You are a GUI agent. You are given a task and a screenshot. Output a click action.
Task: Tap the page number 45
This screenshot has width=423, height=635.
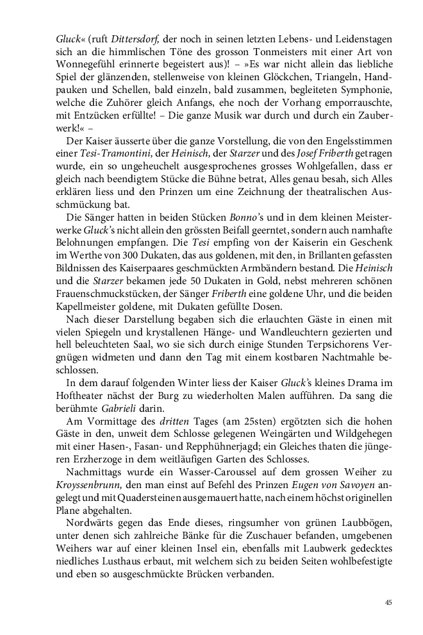pos(388,602)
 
